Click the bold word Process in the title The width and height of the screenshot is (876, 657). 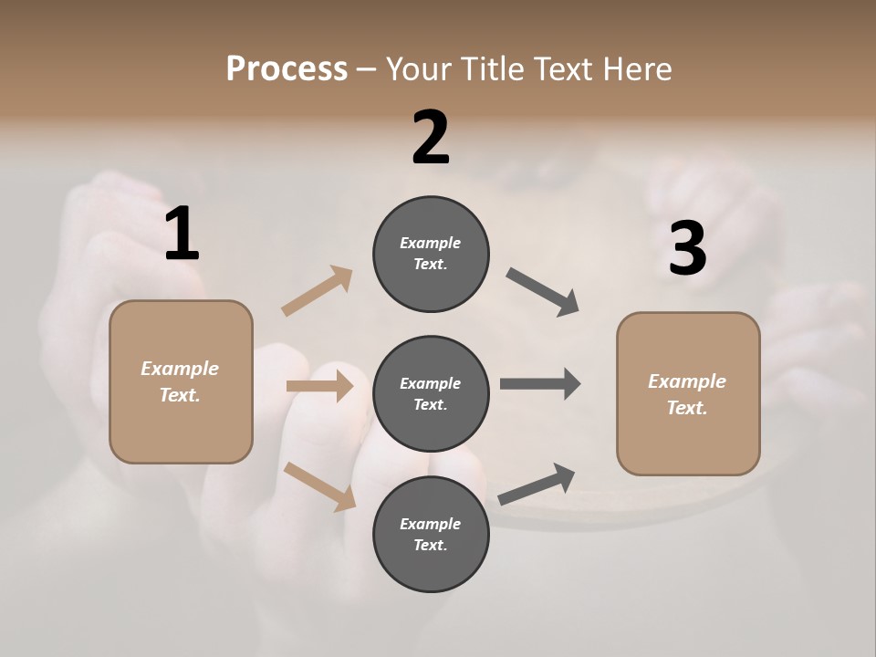pyautogui.click(x=287, y=68)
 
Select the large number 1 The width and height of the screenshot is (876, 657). pyautogui.click(x=182, y=235)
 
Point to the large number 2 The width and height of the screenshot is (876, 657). pyautogui.click(x=431, y=138)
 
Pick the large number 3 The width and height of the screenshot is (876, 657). pyautogui.click(x=687, y=249)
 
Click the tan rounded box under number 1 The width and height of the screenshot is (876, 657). pyautogui.click(x=181, y=381)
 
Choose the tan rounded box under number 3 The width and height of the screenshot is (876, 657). pyautogui.click(x=688, y=394)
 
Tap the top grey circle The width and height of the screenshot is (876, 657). pyautogui.click(x=431, y=254)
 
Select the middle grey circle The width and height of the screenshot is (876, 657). pyautogui.click(x=431, y=394)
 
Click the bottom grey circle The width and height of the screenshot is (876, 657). pyautogui.click(x=431, y=535)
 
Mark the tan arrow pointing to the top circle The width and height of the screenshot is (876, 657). pyautogui.click(x=318, y=291)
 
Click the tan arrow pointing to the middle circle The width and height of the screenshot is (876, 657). pyautogui.click(x=319, y=386)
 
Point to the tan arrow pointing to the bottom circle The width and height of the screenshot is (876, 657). pyautogui.click(x=319, y=485)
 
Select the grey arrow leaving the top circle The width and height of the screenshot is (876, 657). pyautogui.click(x=543, y=292)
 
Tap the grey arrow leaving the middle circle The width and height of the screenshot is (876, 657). pyautogui.click(x=540, y=384)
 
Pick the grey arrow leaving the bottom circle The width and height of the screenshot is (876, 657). pyautogui.click(x=537, y=484)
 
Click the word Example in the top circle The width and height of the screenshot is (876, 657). pyautogui.click(x=430, y=243)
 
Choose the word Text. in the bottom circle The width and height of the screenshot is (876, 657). pyautogui.click(x=430, y=545)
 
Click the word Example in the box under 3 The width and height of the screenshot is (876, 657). pyautogui.click(x=687, y=381)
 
